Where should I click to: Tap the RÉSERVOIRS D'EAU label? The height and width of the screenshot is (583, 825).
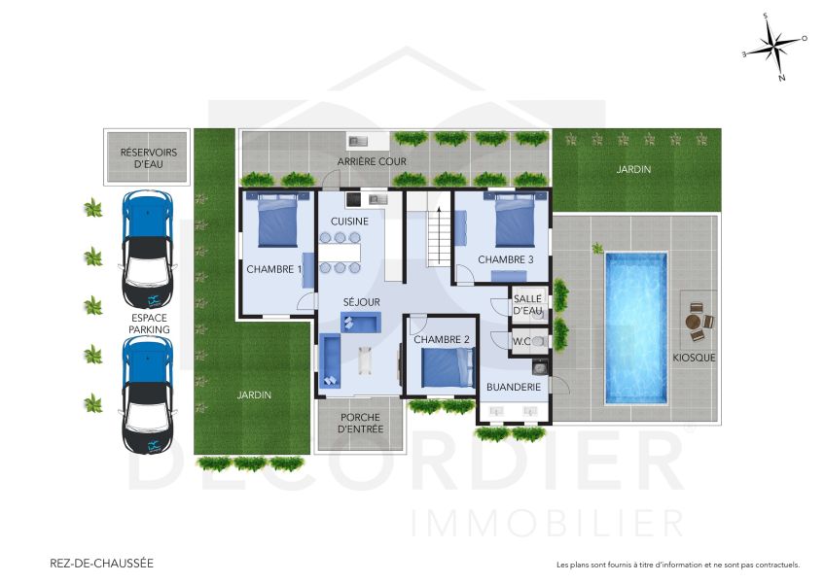pos(148,158)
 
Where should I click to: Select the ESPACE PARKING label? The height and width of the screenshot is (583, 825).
pos(148,324)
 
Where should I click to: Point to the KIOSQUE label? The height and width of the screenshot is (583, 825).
pos(694,358)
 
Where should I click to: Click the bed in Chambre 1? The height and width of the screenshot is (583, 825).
pos(277,223)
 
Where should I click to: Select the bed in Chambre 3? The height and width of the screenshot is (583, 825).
pos(515,222)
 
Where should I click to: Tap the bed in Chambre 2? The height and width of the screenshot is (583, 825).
pos(447,367)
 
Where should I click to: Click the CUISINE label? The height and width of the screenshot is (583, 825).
pos(349,221)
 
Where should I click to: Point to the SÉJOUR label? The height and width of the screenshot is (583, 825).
pos(360,302)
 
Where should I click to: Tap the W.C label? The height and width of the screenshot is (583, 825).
pos(520,340)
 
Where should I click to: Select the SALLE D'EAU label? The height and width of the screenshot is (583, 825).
pos(527,305)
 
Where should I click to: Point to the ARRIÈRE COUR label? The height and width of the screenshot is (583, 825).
pos(372,161)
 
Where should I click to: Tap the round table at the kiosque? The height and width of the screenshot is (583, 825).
pos(694,322)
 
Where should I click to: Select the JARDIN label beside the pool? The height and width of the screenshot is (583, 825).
pos(632,169)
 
